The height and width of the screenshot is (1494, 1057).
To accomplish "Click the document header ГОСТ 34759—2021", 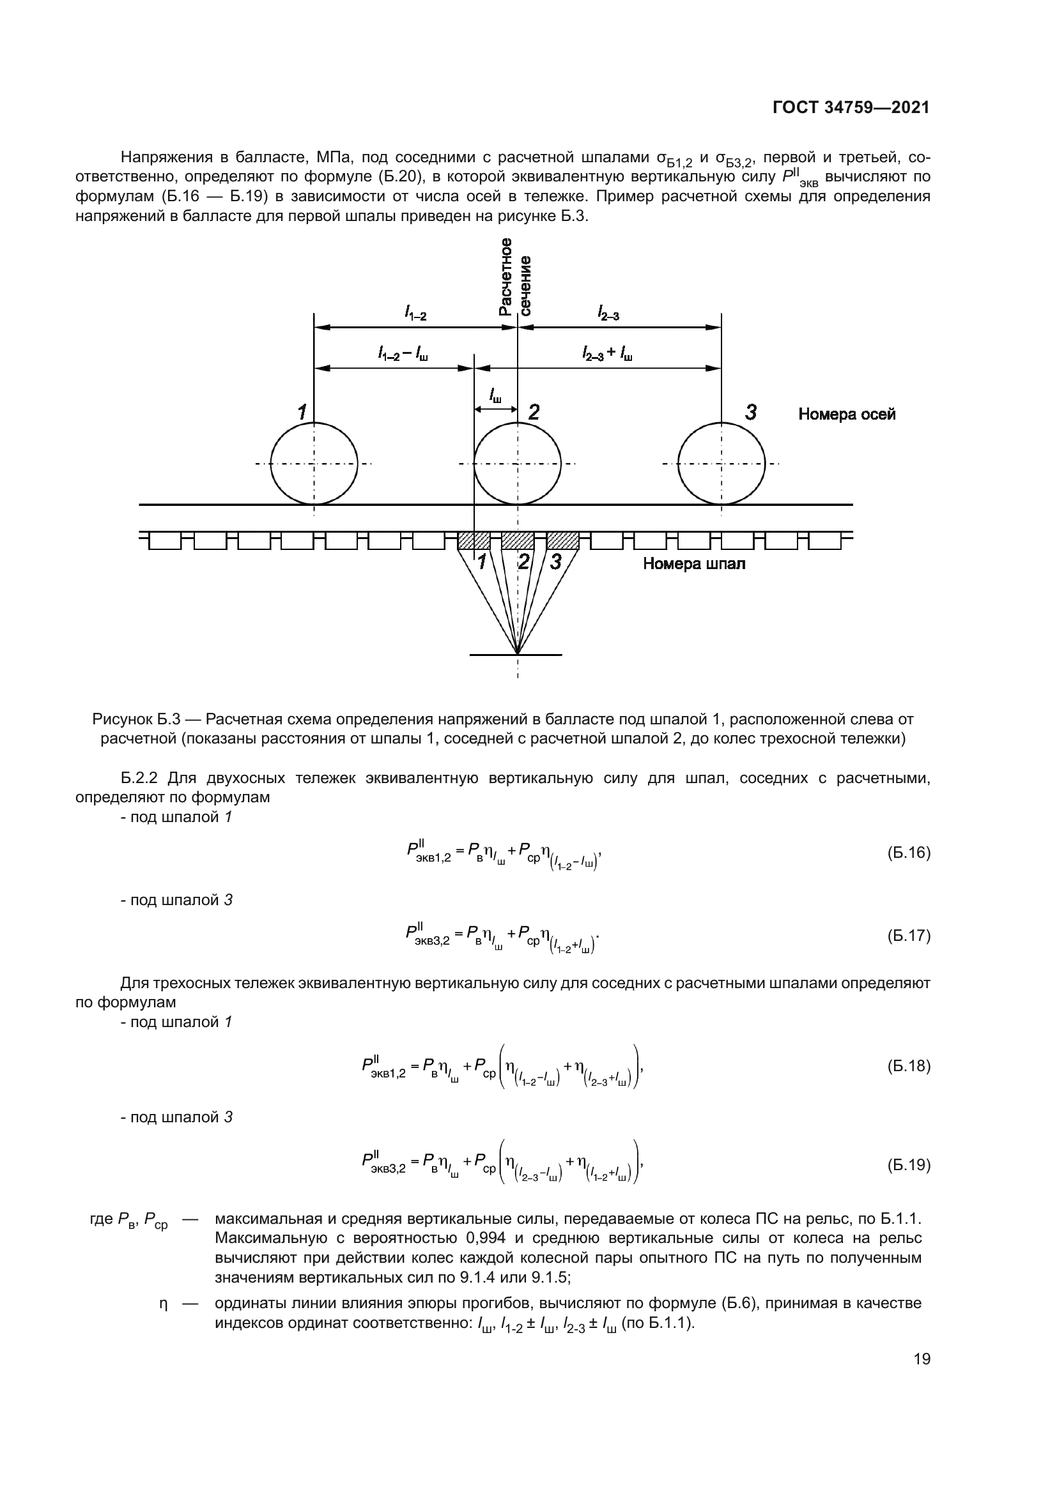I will (x=851, y=107).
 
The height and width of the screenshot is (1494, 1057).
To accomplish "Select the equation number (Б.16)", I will (x=909, y=853).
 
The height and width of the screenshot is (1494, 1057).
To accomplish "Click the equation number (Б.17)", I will (x=909, y=936).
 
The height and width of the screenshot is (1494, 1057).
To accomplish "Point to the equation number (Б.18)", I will (x=909, y=1066).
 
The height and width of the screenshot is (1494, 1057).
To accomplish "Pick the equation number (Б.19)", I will (x=909, y=1165).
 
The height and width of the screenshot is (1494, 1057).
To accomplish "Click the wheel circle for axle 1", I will (x=314, y=463).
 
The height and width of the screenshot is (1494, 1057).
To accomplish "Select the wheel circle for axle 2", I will (x=518, y=463).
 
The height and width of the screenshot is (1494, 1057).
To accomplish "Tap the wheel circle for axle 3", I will (x=721, y=463).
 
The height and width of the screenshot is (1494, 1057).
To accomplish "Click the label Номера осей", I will (x=846, y=415).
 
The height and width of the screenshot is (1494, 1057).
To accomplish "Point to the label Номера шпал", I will (x=694, y=564).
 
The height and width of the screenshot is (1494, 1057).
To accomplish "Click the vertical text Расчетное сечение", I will (x=515, y=277).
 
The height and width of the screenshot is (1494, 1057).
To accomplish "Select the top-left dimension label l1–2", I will (x=415, y=315).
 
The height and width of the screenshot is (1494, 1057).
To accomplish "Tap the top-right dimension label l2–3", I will (x=608, y=315).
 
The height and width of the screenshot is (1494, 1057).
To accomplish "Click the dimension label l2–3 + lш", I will (x=607, y=354).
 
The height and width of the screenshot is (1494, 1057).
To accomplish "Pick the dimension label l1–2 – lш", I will (x=403, y=354).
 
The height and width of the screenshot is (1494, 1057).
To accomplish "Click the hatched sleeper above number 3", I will (x=563, y=541).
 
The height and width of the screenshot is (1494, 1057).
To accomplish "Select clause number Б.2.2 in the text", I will (x=140, y=778).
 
